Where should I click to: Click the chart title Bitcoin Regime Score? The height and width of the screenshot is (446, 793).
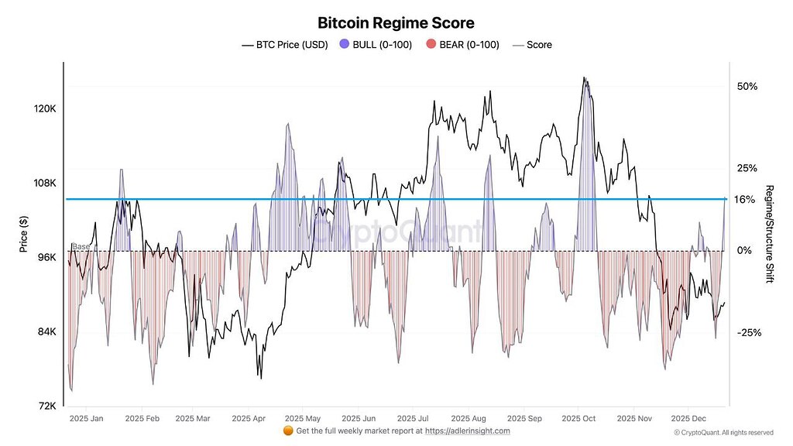(396, 23)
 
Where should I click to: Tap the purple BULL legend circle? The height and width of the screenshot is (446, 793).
(344, 45)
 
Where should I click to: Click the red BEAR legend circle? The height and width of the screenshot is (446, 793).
(431, 45)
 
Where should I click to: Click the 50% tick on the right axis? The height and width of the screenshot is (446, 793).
(747, 86)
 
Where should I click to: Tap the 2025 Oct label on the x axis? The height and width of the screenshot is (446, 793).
(578, 418)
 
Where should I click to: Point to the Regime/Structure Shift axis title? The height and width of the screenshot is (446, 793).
(769, 234)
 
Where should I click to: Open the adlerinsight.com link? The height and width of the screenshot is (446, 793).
(468, 431)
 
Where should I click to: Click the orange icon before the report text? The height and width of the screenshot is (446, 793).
(288, 431)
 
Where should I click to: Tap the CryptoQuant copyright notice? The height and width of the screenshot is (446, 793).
(723, 433)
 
